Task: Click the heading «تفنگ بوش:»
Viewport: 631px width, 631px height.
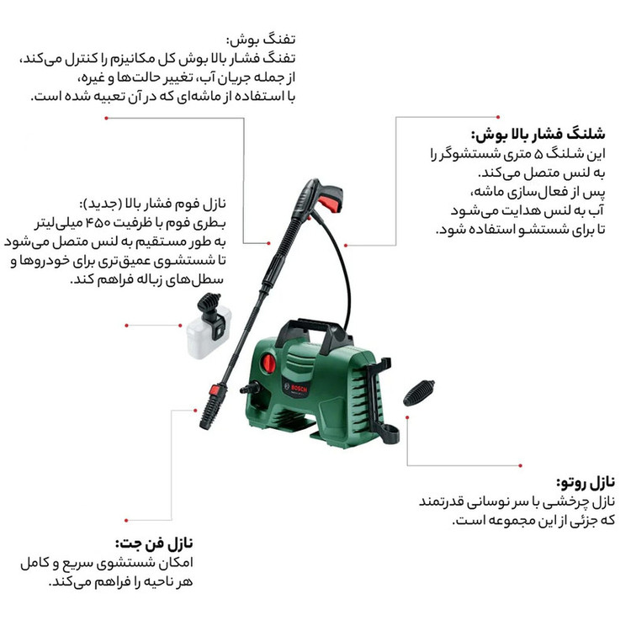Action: point(261,40)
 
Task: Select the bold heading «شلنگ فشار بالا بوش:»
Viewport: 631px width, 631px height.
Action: point(538,135)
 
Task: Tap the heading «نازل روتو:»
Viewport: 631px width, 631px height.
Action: point(586,482)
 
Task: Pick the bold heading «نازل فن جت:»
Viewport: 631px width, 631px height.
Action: point(154,544)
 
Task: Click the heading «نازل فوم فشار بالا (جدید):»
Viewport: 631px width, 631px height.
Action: point(152,204)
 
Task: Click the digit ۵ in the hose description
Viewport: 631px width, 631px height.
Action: point(538,154)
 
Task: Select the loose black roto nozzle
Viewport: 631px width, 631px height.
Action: point(418,393)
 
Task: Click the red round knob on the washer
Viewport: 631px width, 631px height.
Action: point(268,363)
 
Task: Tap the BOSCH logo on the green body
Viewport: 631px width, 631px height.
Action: point(298,390)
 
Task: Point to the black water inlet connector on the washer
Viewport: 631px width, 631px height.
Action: point(251,389)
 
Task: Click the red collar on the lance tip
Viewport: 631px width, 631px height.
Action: point(214,390)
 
